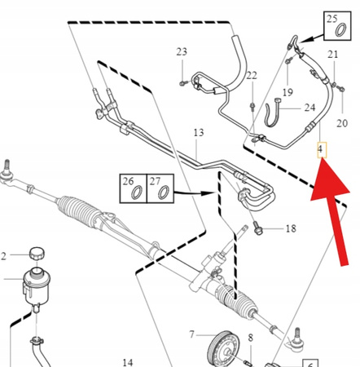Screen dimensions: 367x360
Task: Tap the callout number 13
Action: [198, 132]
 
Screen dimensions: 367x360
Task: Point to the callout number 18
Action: [291, 229]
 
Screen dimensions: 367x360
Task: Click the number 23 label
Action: [182, 52]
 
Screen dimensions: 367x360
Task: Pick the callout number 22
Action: [252, 76]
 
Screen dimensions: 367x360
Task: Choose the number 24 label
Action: [310, 108]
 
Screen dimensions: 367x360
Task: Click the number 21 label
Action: [332, 55]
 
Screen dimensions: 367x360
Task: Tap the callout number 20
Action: [341, 123]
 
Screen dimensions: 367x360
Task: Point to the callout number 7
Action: [192, 335]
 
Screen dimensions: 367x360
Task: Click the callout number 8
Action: [251, 337]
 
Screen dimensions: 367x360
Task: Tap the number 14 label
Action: [127, 361]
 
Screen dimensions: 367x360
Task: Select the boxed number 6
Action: [310, 365]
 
